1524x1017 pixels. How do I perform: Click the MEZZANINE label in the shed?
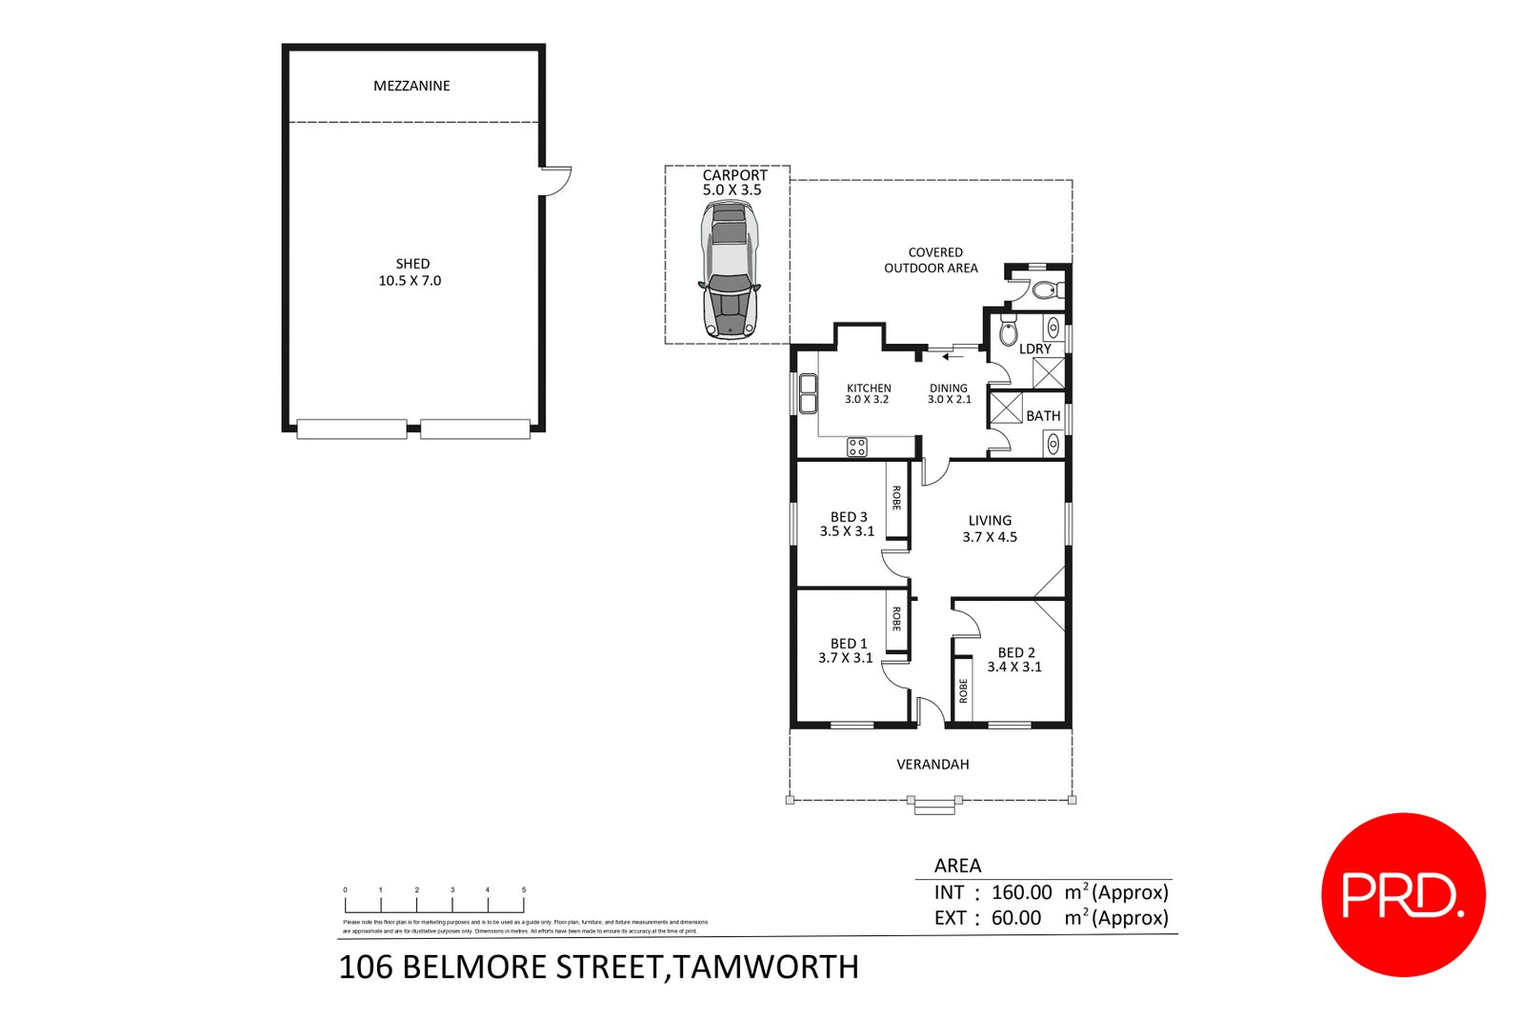pyautogui.click(x=411, y=86)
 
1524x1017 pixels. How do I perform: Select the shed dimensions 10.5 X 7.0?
pyautogui.click(x=410, y=281)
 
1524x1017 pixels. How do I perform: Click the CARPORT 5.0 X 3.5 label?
pyautogui.click(x=733, y=183)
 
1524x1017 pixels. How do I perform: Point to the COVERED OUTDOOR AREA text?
pyautogui.click(x=932, y=261)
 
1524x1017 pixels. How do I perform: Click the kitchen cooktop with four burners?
pyautogui.click(x=857, y=447)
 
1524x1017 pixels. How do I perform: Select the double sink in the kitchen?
pyautogui.click(x=808, y=393)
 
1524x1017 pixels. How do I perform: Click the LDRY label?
pyautogui.click(x=1034, y=349)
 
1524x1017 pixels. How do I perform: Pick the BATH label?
pyautogui.click(x=1043, y=416)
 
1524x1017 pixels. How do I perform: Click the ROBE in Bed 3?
pyautogui.click(x=896, y=499)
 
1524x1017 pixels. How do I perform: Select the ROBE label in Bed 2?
pyautogui.click(x=963, y=690)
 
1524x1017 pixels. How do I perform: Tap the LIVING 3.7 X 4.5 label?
pyautogui.click(x=990, y=528)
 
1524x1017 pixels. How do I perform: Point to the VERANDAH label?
pyautogui.click(x=932, y=765)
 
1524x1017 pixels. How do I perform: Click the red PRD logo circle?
pyautogui.click(x=1403, y=894)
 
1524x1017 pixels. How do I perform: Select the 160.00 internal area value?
pyautogui.click(x=1021, y=893)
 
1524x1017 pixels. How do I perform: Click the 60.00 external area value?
pyautogui.click(x=1015, y=919)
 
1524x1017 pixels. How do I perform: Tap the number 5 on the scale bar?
pyautogui.click(x=524, y=890)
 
